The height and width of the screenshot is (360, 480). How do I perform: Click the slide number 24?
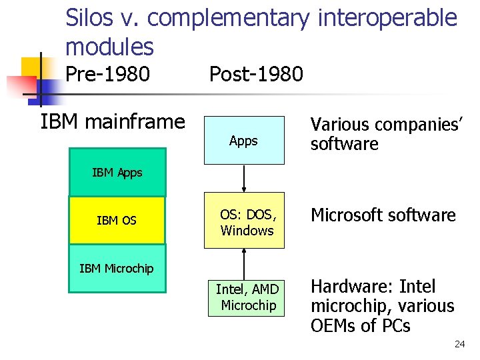(x=459, y=344)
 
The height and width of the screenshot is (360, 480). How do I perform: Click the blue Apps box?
(x=243, y=141)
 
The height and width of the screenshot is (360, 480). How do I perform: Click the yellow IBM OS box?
(x=117, y=220)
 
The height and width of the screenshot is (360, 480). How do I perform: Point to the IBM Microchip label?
(x=116, y=269)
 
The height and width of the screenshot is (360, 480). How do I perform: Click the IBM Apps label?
(x=117, y=173)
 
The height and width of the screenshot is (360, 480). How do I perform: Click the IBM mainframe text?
(x=113, y=121)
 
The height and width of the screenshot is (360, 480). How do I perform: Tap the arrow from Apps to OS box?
(x=245, y=178)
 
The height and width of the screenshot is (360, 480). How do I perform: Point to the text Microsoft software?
(x=383, y=215)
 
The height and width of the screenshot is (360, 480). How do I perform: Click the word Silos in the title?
(x=92, y=18)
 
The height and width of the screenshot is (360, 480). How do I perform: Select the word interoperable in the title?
(x=387, y=18)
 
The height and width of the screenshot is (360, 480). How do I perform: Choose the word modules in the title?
(x=109, y=47)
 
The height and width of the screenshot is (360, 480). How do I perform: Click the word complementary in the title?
(x=229, y=18)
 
